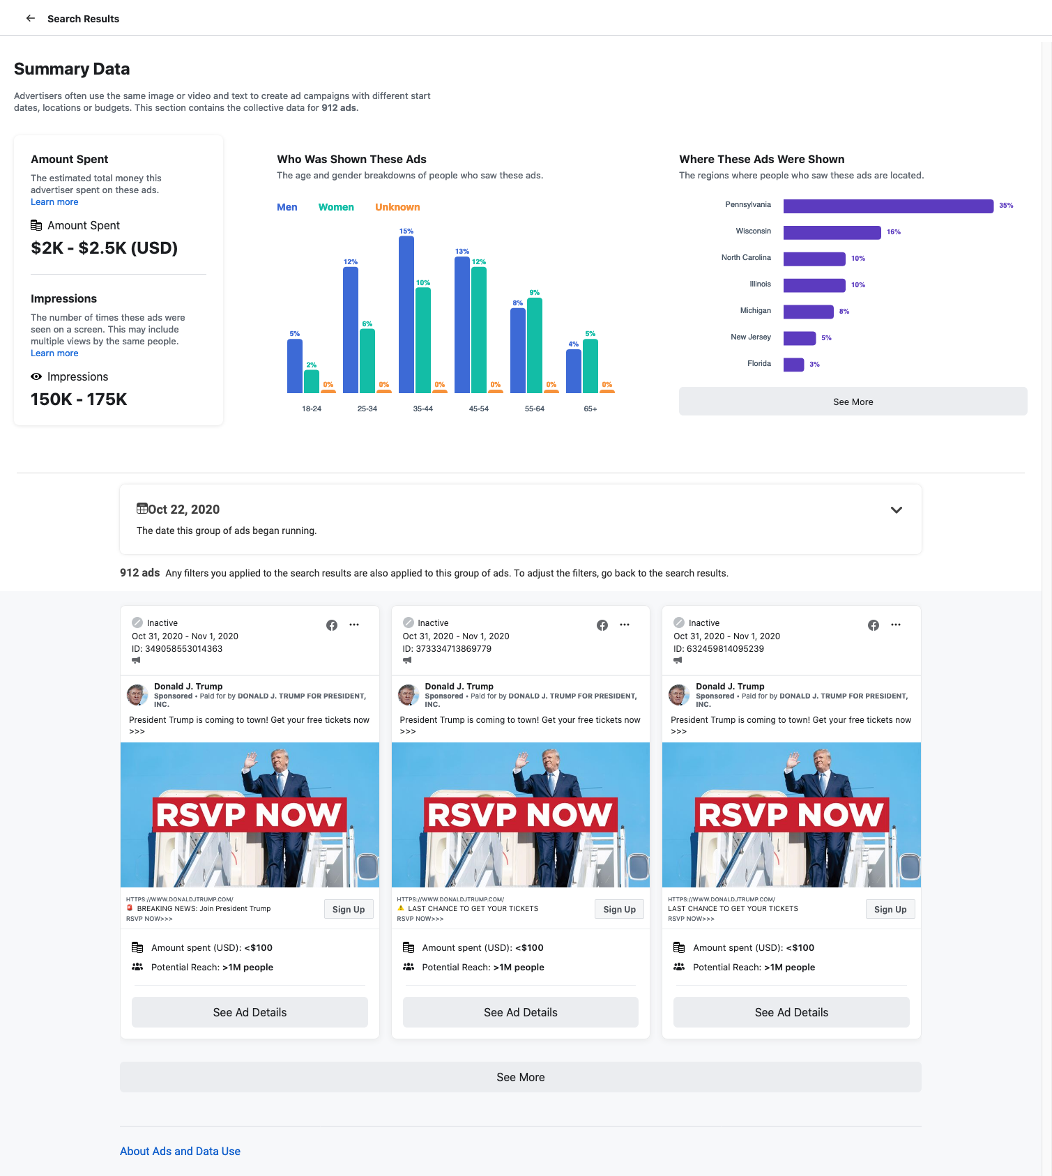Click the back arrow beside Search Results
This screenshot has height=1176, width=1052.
31,18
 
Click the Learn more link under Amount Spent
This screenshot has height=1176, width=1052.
54,202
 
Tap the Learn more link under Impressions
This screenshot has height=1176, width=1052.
54,353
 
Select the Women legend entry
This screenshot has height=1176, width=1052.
336,207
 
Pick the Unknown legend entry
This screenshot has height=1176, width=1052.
397,207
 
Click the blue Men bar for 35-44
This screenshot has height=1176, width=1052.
406,314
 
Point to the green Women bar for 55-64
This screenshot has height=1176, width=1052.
535,345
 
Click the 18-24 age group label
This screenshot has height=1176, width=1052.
312,408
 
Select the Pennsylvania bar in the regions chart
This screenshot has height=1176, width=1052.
887,206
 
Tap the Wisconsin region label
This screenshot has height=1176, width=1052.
753,231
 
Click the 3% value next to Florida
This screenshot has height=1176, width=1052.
814,365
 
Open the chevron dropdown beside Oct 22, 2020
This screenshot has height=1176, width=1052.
897,510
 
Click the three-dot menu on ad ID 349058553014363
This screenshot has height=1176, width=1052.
354,625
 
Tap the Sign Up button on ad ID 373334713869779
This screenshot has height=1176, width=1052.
619,909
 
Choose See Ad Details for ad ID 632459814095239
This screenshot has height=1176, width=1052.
791,1012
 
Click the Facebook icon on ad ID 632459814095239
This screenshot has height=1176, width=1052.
874,625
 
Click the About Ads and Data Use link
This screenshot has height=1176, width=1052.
180,1151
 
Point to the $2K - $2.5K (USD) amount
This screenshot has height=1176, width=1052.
105,248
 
